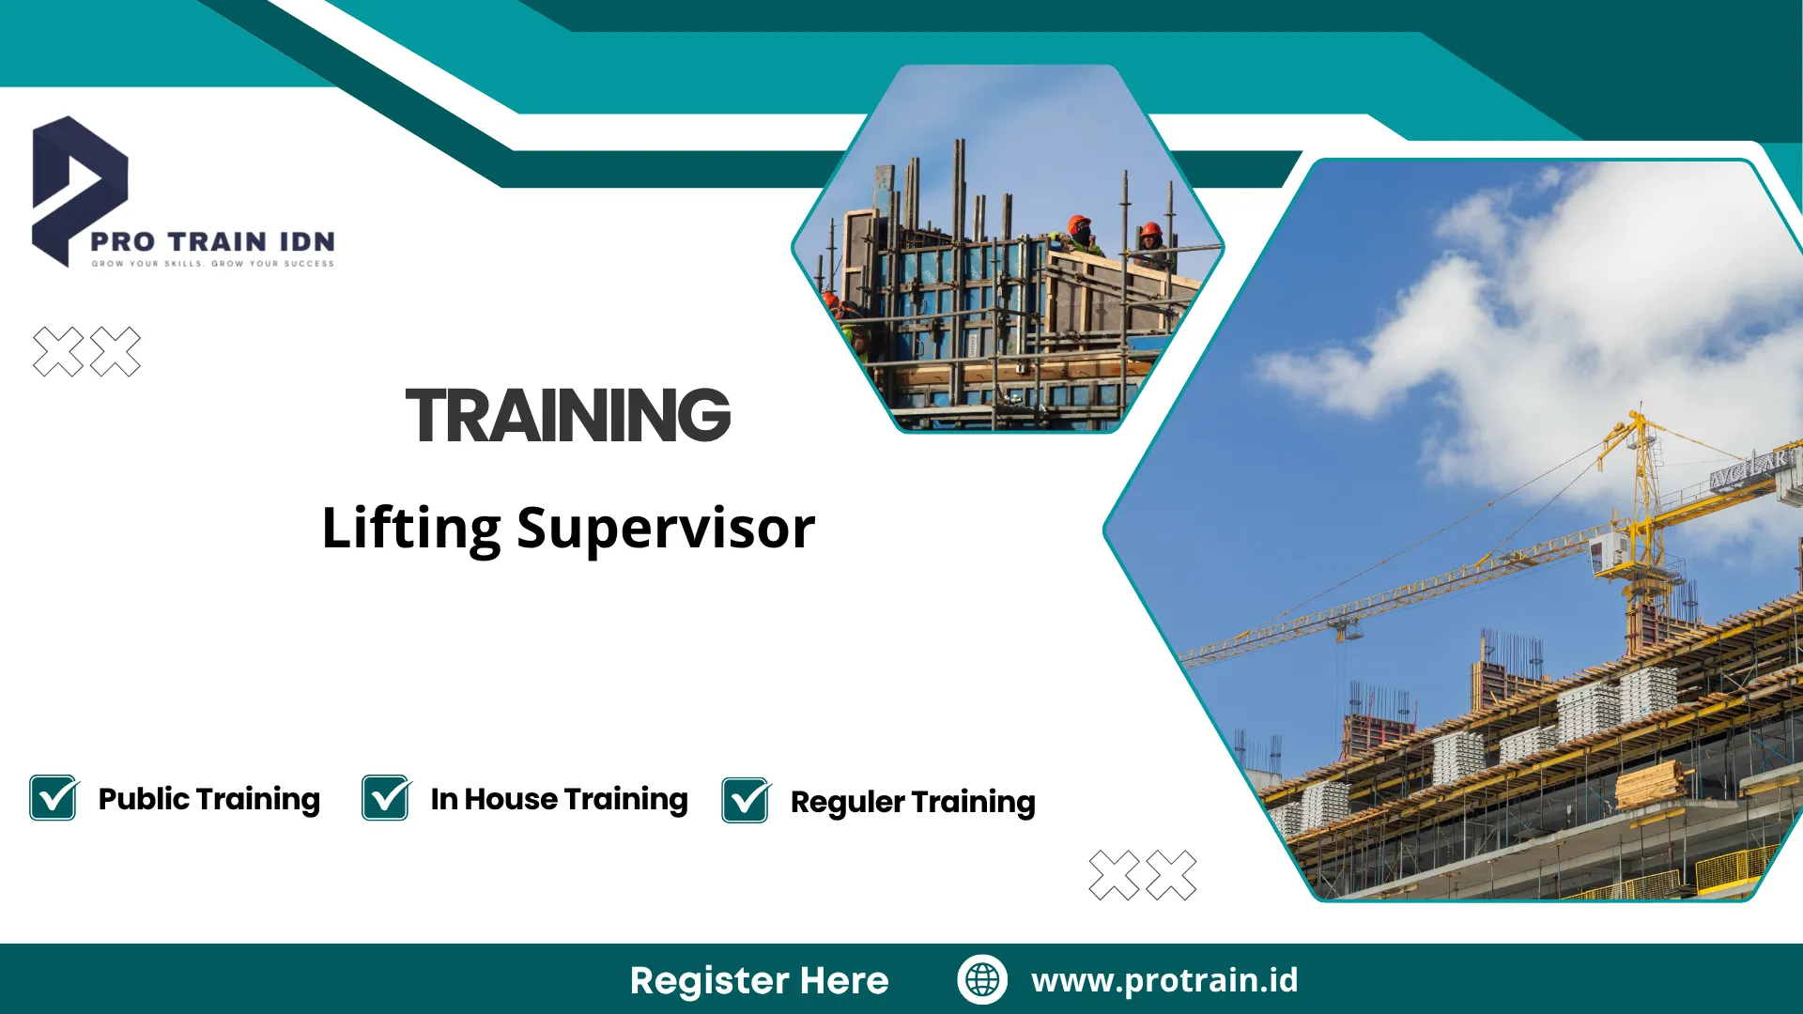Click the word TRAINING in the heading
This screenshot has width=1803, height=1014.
coord(568,416)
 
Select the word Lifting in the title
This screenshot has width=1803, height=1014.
coord(411,529)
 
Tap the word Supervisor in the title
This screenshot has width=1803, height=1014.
coord(666,529)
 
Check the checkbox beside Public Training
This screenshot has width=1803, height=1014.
coord(54,798)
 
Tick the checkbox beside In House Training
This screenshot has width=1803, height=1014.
coord(386,798)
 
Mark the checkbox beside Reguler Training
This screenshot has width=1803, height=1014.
coord(746,801)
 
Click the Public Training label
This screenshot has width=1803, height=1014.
coord(209,799)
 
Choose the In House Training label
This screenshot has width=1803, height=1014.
coord(559,799)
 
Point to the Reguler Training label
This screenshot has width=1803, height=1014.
coord(913,802)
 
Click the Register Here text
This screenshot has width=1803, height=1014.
coord(759,980)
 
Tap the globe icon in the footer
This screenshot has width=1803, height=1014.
coord(982,979)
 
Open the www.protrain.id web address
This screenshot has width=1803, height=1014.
coord(1164,979)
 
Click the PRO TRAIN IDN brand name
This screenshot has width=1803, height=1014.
coord(212,241)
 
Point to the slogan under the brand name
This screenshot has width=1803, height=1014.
coord(212,264)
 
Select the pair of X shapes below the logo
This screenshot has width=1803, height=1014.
coord(86,352)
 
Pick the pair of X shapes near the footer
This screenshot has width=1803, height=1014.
coord(1142,875)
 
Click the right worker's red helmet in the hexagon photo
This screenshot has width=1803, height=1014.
coord(1150,229)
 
